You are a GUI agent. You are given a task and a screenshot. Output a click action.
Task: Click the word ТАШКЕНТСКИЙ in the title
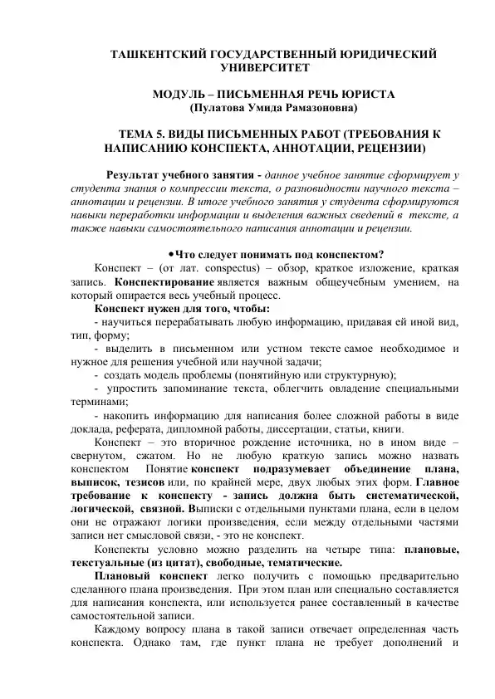pyautogui.click(x=154, y=55)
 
